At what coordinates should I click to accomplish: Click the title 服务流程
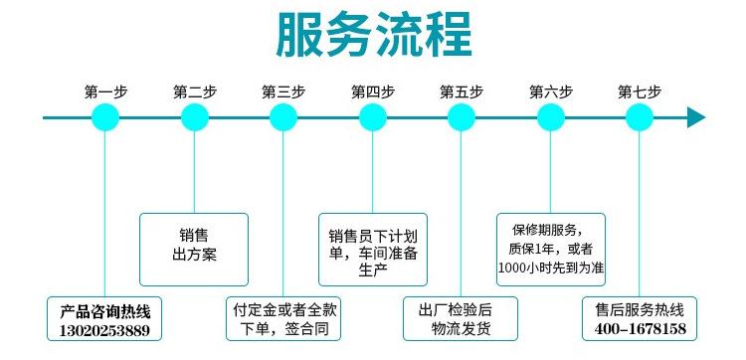coord(372,37)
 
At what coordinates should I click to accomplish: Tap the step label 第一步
coord(105,91)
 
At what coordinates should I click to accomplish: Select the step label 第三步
coord(283,91)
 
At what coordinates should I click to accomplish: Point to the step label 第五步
coord(462,91)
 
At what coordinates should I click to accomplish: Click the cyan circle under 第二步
coord(195,118)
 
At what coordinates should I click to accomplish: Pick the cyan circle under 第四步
coord(373,118)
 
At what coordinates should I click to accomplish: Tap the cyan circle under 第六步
coord(551,118)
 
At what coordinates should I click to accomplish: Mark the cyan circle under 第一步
coord(105,118)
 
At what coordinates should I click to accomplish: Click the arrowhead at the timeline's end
coord(696,118)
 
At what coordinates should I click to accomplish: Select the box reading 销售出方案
coord(194,243)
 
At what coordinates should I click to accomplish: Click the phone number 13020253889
coord(104,328)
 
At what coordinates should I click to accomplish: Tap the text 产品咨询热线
coord(104,308)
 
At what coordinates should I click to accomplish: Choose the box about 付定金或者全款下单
coord(283,317)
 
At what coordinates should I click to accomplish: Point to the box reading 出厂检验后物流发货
coord(462,317)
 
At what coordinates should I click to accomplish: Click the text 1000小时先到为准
coord(551,268)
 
